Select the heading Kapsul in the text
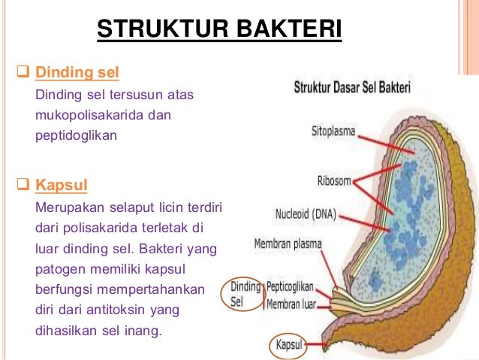(59, 184)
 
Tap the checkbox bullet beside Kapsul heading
(22, 184)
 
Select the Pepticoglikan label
(289, 287)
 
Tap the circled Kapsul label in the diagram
(288, 345)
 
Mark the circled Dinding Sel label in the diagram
(245, 295)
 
